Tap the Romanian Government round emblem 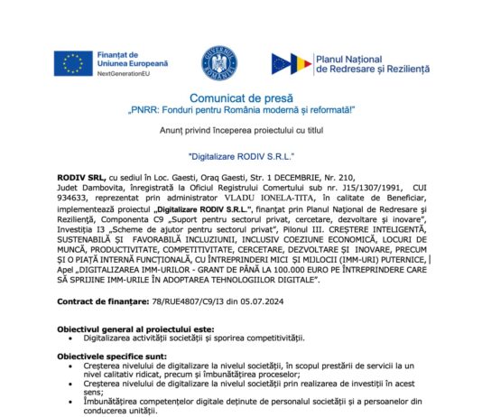[218, 60]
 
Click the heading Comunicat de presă [241, 97]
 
